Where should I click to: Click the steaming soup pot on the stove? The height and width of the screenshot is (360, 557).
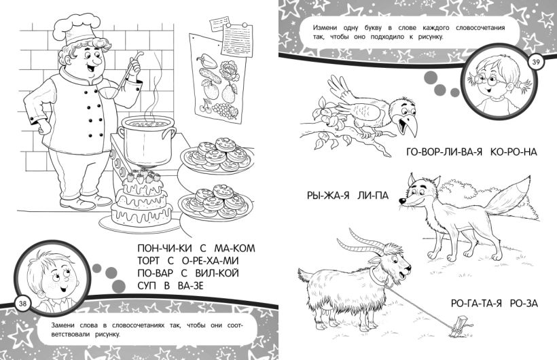point(147,141)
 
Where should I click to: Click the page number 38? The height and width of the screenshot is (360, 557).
point(22,303)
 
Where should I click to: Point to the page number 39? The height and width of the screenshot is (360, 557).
point(536,62)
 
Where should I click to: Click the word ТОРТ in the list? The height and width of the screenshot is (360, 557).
point(149,261)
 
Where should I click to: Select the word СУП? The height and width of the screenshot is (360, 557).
point(146,285)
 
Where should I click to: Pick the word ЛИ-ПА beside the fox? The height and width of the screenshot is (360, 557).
point(372,196)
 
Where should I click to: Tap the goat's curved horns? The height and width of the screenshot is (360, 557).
point(362,242)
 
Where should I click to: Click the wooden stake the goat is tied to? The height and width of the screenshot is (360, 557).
point(461,325)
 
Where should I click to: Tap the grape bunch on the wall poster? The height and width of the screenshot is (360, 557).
point(224,110)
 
